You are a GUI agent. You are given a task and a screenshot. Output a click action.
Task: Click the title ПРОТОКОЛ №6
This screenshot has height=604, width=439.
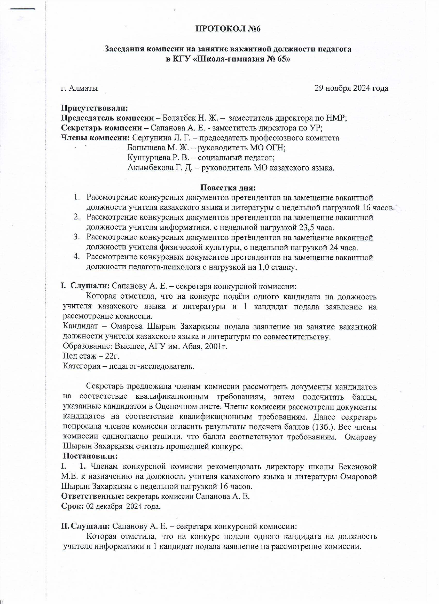tap(228, 29)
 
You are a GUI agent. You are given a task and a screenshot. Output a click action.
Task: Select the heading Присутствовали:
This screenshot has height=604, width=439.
tap(95, 108)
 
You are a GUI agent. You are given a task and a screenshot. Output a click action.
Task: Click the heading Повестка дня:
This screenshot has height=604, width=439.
tap(228, 188)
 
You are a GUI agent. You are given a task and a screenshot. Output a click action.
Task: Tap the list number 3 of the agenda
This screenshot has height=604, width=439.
tap(76, 237)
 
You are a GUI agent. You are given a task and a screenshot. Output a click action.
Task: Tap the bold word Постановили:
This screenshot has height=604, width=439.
tap(91, 456)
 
